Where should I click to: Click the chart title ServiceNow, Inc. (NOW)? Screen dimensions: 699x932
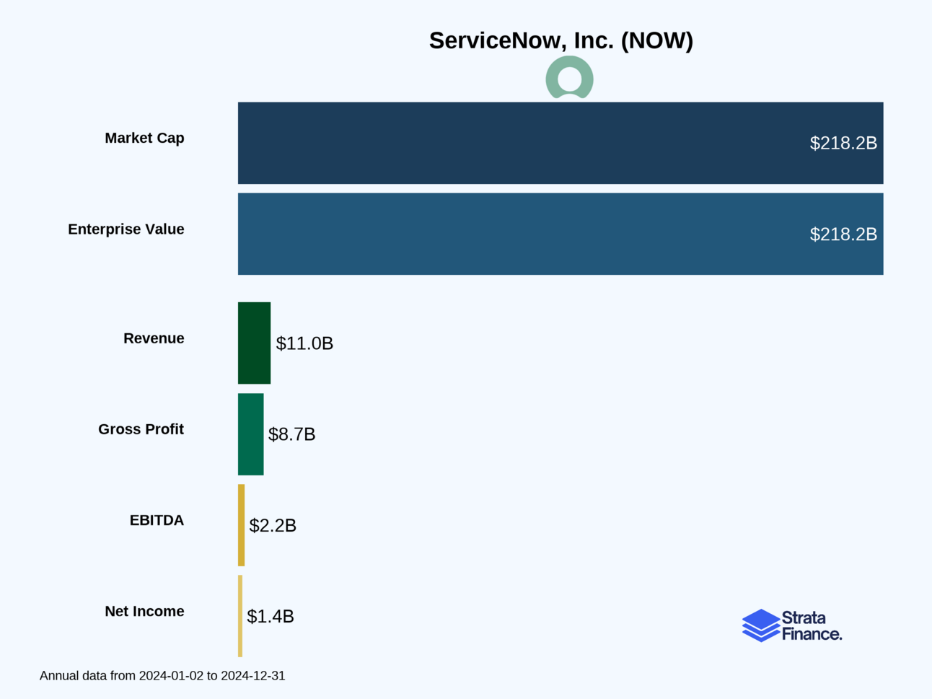tap(560, 40)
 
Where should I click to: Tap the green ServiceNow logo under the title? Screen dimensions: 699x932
tap(569, 78)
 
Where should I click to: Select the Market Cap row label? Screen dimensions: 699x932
tap(144, 138)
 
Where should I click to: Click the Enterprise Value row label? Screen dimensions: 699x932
tap(126, 229)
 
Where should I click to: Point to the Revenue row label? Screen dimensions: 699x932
tap(154, 338)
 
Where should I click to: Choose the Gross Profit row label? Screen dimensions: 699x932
tap(141, 429)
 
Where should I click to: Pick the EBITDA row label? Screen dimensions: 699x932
tap(157, 520)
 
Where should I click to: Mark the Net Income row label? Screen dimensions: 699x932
tap(144, 611)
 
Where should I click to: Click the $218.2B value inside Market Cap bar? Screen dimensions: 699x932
tap(843, 143)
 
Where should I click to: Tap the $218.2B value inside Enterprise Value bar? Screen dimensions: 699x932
tap(843, 234)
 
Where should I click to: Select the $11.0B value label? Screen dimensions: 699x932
tap(304, 343)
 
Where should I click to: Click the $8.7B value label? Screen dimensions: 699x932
tap(291, 434)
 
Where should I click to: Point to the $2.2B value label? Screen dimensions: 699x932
tap(273, 525)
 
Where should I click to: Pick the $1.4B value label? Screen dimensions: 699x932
tap(271, 616)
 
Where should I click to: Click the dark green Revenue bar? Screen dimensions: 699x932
tap(254, 343)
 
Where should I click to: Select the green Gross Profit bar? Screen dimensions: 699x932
tap(250, 434)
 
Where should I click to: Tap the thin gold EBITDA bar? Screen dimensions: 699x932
tap(242, 525)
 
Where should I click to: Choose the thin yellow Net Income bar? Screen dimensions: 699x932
tap(240, 616)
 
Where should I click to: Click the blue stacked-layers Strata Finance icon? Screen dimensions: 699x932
tap(760, 625)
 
